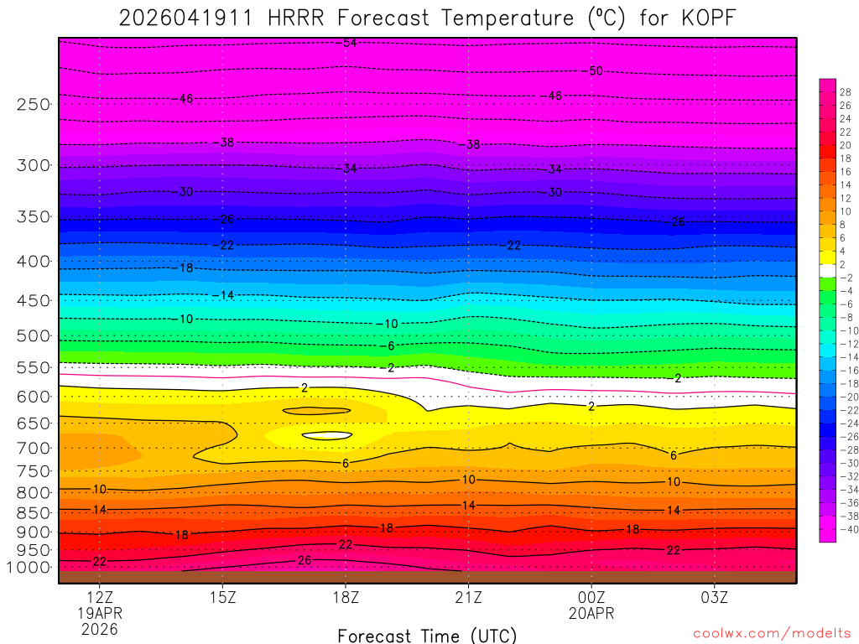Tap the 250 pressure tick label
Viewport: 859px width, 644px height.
pos(33,105)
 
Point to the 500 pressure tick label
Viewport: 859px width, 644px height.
pos(33,336)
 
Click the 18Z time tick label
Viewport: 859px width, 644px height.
pos(346,598)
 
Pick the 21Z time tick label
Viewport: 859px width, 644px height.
pos(468,598)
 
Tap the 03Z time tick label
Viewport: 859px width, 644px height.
pos(714,598)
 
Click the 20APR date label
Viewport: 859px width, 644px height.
pos(591,614)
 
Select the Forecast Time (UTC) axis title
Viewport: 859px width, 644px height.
pos(427,636)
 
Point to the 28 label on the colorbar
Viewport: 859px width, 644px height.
pos(845,92)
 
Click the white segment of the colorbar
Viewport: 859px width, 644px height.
pos(827,271)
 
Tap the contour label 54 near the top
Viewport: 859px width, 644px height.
pos(350,43)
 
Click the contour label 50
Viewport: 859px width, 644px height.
pos(596,71)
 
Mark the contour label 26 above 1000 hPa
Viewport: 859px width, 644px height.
pos(305,560)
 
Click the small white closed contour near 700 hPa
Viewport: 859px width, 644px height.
pos(326,436)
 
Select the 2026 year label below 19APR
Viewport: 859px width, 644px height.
pos(99,629)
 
